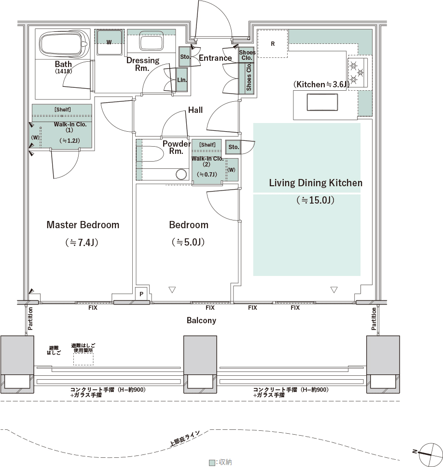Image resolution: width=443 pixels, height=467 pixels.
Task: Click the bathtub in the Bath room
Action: pyautogui.click(x=64, y=44)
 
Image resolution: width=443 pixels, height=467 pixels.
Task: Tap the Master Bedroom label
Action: pyautogui.click(x=83, y=225)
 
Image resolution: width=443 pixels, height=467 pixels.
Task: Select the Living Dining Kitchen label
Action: pyautogui.click(x=316, y=182)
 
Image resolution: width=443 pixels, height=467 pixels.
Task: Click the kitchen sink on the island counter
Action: pyautogui.click(x=322, y=102)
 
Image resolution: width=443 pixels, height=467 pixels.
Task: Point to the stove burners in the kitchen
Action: pyautogui.click(x=358, y=72)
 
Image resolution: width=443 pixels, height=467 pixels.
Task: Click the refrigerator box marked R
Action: pyautogui.click(x=273, y=43)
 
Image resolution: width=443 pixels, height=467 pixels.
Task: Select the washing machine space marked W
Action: pyautogui.click(x=109, y=42)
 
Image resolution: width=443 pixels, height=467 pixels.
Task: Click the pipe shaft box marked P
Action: pyautogui.click(x=141, y=294)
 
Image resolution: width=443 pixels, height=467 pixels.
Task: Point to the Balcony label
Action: pyautogui.click(x=201, y=320)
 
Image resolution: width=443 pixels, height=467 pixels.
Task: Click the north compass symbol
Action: pyautogui.click(x=430, y=453)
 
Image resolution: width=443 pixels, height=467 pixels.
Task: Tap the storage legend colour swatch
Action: pyautogui.click(x=212, y=462)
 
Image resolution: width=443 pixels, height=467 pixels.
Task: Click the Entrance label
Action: pyautogui.click(x=215, y=58)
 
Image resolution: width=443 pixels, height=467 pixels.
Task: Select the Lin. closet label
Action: pyautogui.click(x=182, y=80)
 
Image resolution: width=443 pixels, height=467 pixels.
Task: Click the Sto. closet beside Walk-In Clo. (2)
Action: pyautogui.click(x=233, y=147)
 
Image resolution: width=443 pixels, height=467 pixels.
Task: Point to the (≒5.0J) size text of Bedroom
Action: pyautogui.click(x=188, y=242)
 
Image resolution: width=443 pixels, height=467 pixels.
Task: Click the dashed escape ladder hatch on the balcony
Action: pyautogui.click(x=83, y=359)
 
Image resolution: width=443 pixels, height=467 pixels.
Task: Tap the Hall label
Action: pyautogui.click(x=195, y=110)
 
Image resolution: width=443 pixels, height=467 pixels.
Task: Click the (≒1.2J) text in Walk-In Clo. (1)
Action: pyautogui.click(x=69, y=140)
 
